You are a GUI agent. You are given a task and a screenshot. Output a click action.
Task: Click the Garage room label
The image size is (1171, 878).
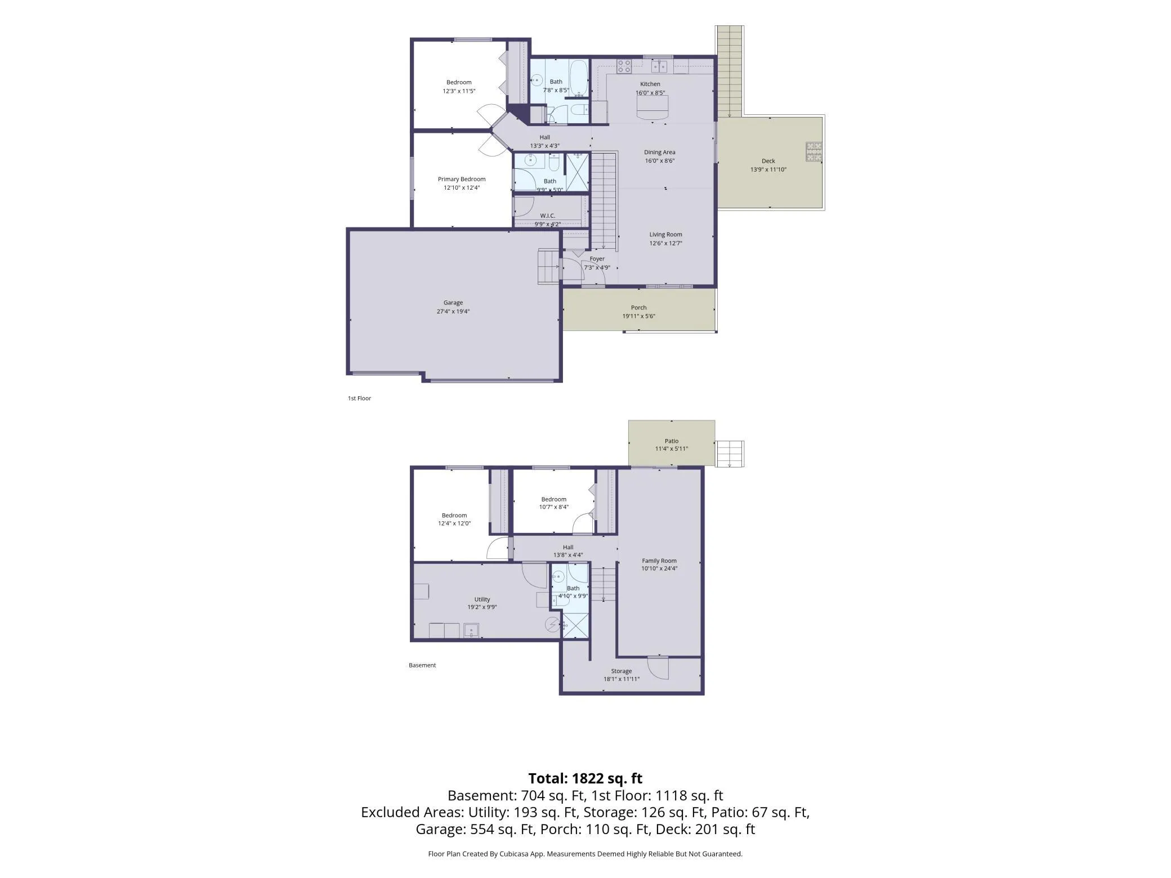coord(453,303)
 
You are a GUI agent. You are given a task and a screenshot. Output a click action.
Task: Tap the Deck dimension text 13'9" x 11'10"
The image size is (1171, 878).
coord(768,169)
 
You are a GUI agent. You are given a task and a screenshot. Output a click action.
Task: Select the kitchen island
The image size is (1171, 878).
coord(653,107)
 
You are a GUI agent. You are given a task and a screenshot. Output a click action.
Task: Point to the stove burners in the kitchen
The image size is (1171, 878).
coord(624,66)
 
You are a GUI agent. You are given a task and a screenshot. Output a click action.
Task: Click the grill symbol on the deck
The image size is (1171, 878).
coord(814,152)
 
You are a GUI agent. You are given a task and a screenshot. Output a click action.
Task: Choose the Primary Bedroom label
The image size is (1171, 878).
coord(462,179)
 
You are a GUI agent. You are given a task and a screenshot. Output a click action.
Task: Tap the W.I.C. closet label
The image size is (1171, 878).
coord(548,216)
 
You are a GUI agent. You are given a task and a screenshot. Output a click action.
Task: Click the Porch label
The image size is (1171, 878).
coord(639,307)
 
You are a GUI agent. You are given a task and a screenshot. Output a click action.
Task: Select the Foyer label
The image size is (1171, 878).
coord(597,259)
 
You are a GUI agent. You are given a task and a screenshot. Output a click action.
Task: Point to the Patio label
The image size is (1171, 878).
coord(672,441)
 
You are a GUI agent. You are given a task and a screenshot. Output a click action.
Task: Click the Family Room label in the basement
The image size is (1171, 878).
coord(659,561)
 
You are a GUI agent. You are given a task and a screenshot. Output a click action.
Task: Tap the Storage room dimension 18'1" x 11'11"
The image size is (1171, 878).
coord(622,679)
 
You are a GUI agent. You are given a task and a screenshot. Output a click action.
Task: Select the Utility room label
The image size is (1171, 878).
coord(482,599)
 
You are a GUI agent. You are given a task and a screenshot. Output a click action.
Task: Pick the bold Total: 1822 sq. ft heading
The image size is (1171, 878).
coord(585,778)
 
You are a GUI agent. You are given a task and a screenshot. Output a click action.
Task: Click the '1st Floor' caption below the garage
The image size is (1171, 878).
coord(359,398)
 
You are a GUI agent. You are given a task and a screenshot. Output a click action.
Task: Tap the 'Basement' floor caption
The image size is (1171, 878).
coord(422,665)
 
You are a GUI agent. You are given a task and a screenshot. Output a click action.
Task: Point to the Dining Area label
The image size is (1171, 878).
coord(660,152)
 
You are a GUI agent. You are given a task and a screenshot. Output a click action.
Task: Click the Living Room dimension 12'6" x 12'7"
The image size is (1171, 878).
coord(666,243)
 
